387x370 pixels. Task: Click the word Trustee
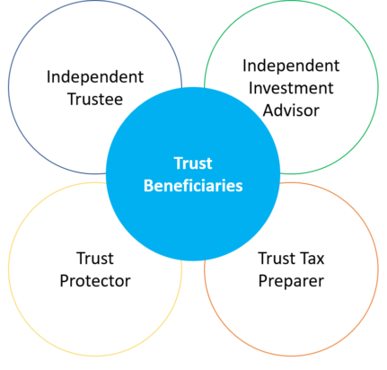[x=95, y=99]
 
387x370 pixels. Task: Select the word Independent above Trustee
[x=95, y=77]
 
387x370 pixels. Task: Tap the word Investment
[x=291, y=88]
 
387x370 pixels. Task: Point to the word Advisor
[x=291, y=110]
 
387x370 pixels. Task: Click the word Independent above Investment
[x=291, y=66]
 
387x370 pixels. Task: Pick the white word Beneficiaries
[x=193, y=186]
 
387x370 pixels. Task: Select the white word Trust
[x=193, y=163]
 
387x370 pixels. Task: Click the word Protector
[x=95, y=281]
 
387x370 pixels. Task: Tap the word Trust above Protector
[x=95, y=259]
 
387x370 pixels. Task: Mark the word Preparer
[x=291, y=281]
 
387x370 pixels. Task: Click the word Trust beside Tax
[x=277, y=259]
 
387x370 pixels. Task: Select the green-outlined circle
[x=378, y=87]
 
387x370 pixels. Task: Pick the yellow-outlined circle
[x=8, y=269]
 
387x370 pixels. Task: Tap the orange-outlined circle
[x=378, y=269]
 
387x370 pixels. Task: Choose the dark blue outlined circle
[x=8, y=87]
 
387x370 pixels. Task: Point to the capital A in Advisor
[x=268, y=110]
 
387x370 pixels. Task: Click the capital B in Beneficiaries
[x=149, y=186]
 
